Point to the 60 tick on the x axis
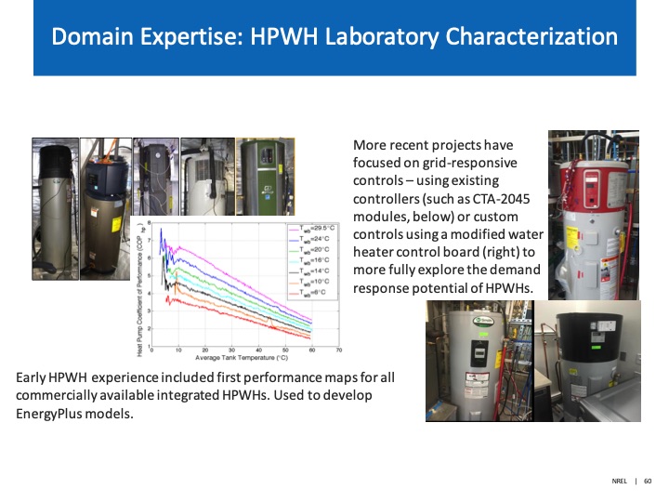tap(311, 350)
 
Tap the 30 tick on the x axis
tap(231, 350)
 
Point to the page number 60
tap(648, 481)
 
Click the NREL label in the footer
tap(619, 481)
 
